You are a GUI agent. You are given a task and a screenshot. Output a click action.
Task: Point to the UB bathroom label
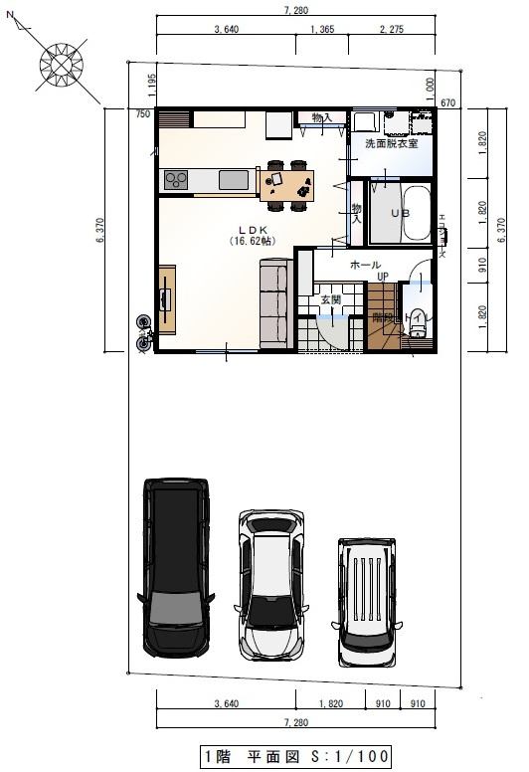[x=400, y=213]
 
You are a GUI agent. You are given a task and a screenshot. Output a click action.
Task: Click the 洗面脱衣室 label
[x=391, y=144]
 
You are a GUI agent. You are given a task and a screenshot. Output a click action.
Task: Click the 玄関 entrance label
[x=330, y=298]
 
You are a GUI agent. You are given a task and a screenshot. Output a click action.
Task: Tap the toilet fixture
[x=418, y=324]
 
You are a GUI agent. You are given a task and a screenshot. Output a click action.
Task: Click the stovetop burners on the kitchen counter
[x=177, y=180]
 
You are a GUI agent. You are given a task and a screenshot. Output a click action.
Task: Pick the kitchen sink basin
[x=235, y=179]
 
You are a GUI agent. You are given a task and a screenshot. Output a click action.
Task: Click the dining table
[x=286, y=181]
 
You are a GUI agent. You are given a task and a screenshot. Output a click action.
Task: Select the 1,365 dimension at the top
[x=321, y=31]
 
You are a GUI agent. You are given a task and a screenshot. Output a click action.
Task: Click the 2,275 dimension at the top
[x=392, y=31]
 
